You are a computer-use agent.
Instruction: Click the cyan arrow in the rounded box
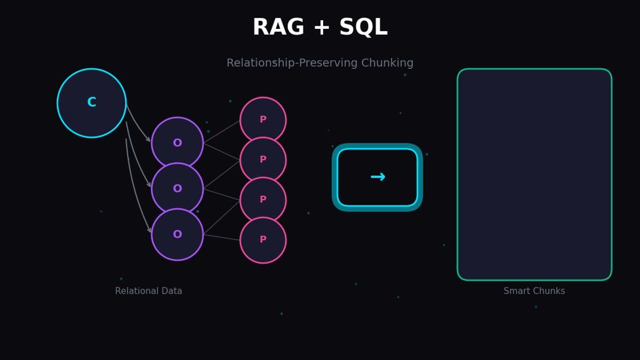378,177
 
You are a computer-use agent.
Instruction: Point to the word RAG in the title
278,27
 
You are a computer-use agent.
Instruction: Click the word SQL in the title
363,27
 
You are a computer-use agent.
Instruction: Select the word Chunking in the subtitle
387,63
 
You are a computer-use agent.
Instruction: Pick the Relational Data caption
149,291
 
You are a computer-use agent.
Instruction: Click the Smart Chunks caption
534,291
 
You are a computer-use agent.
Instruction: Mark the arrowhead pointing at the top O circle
149,139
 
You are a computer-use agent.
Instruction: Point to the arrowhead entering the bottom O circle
149,230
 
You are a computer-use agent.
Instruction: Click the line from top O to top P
221,131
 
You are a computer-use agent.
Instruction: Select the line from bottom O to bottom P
221,237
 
